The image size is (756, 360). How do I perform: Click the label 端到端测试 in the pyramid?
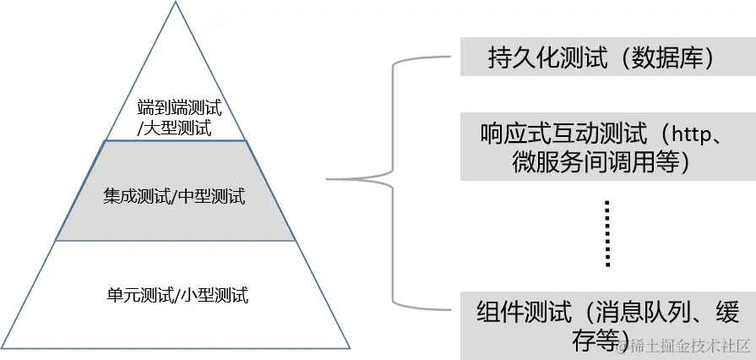pos(179,108)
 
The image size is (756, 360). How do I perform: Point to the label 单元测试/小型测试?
pos(177,295)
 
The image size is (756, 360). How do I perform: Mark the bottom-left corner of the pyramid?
pos(3,347)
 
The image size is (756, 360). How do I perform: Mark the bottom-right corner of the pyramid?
pos(350,347)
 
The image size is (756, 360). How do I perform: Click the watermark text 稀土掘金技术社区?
pos(691,345)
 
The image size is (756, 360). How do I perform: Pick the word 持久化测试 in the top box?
pos(536,57)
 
